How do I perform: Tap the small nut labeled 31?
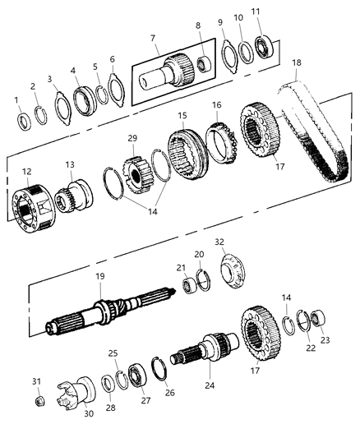[x=38, y=400]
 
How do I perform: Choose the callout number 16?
[x=217, y=105]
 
